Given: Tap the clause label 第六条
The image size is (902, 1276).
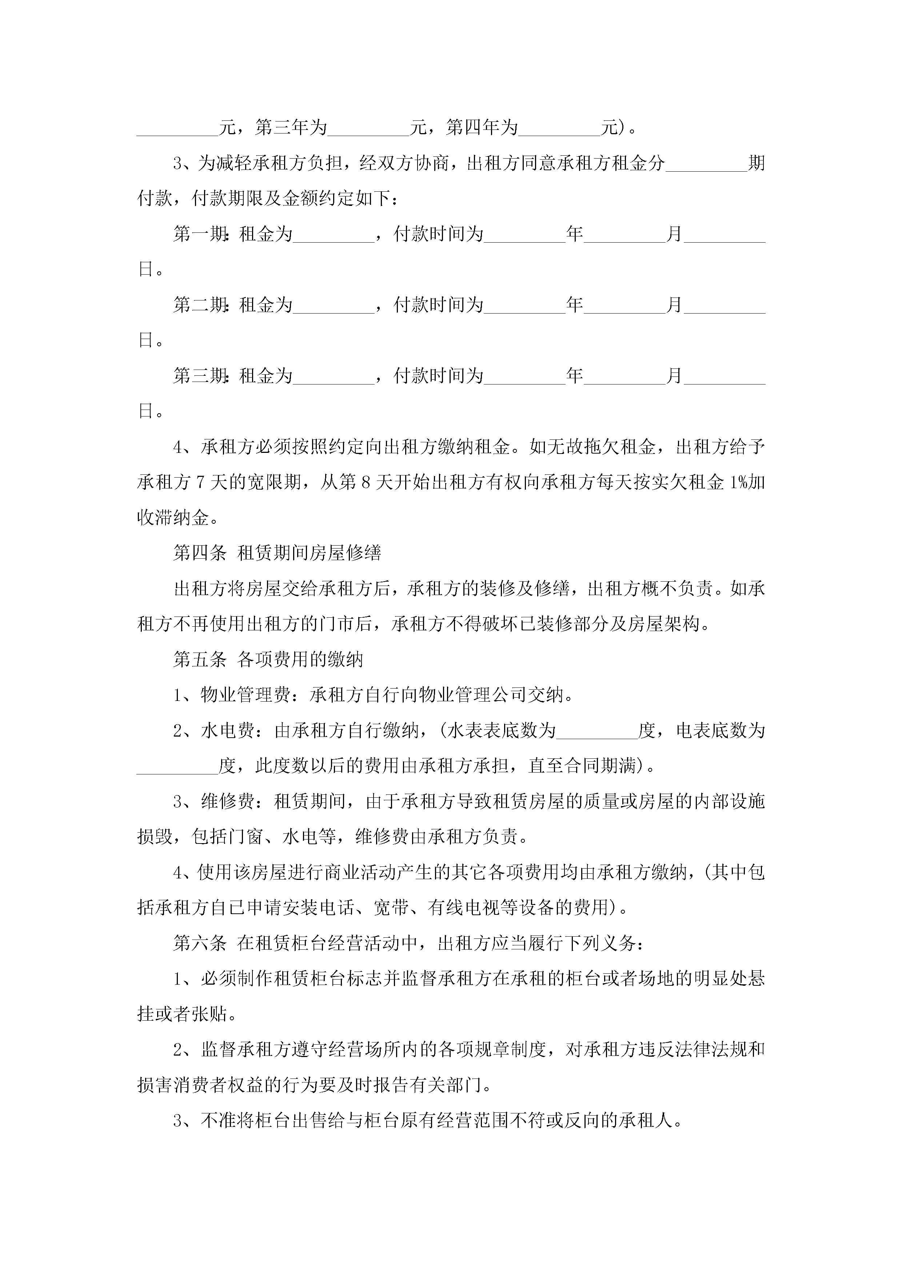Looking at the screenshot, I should pyautogui.click(x=200, y=943).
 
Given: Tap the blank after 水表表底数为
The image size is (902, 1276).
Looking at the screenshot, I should pyautogui.click(x=597, y=732).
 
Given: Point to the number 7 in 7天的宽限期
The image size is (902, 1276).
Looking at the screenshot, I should pyautogui.click(x=200, y=482).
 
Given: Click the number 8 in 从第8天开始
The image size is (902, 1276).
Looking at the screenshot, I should pyautogui.click(x=365, y=482).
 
